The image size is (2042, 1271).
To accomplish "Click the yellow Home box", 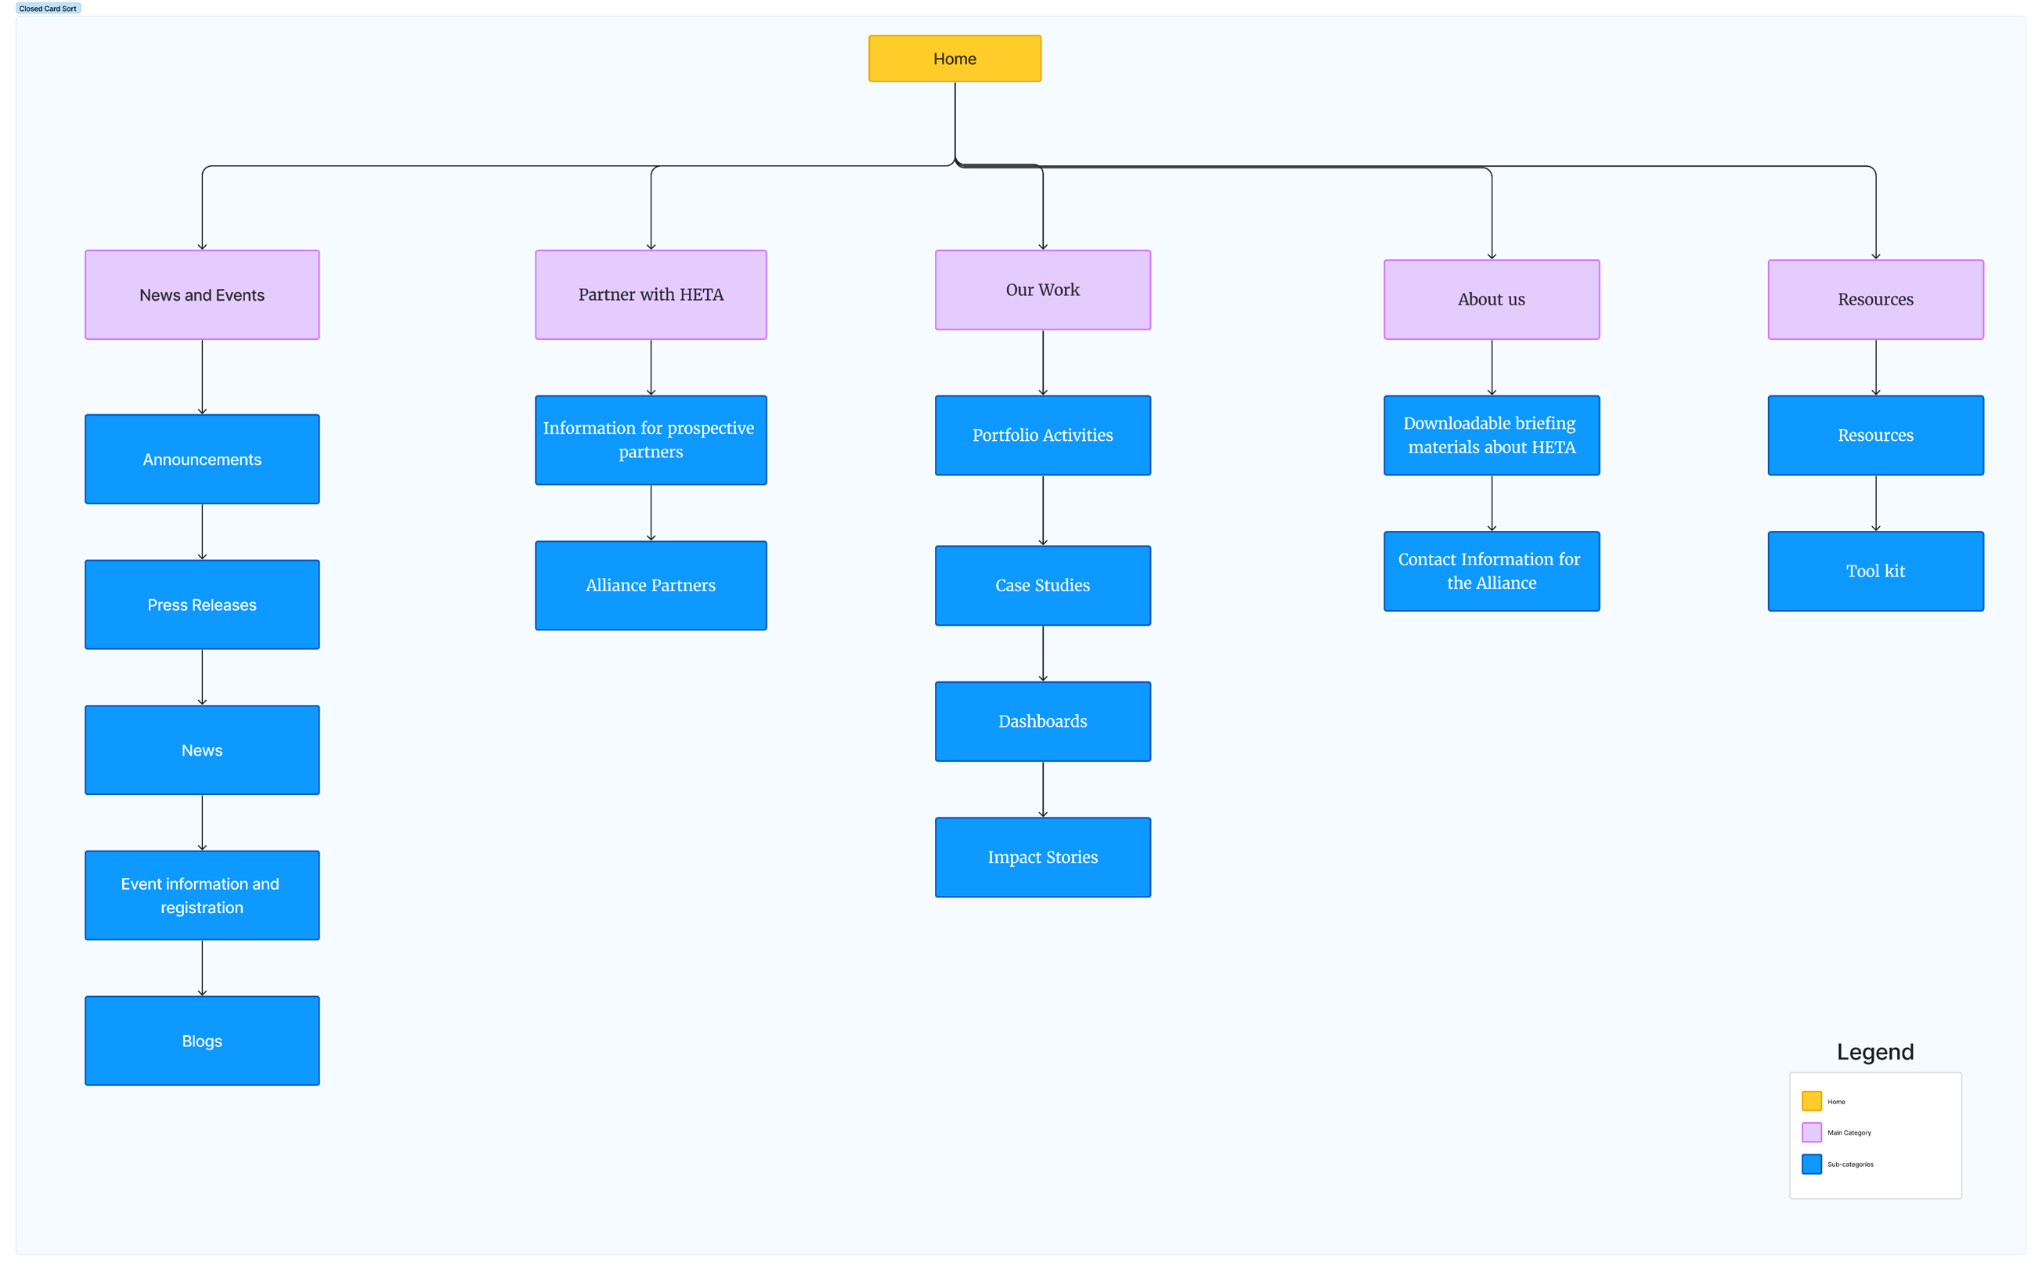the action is click(954, 59).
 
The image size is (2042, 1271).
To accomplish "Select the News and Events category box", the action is click(202, 295).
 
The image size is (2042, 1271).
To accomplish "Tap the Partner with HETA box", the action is click(651, 295).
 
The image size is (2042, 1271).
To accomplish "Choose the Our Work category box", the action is click(1043, 290).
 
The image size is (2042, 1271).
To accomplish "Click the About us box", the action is click(1492, 299).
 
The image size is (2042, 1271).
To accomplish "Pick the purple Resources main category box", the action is click(1875, 299).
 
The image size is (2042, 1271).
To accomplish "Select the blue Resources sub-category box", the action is click(1875, 435).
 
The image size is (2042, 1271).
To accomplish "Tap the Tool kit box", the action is click(1875, 572).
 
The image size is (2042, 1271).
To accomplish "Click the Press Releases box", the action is click(202, 605).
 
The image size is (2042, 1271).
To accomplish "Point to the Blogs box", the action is click(202, 1042).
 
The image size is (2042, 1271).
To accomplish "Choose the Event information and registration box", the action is click(202, 896).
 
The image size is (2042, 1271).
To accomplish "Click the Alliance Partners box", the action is click(651, 586).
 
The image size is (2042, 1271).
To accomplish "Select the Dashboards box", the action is click(1043, 722).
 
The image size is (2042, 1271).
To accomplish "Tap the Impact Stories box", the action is click(1043, 858).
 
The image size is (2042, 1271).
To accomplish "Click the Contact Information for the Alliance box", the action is click(1492, 572).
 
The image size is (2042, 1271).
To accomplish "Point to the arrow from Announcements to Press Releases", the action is click(202, 532).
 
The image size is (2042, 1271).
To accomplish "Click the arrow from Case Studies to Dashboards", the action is click(1043, 654).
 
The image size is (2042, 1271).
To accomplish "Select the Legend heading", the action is click(1874, 1053).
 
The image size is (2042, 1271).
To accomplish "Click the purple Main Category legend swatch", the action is click(1812, 1133).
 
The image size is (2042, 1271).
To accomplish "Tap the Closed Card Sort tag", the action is click(48, 9).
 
